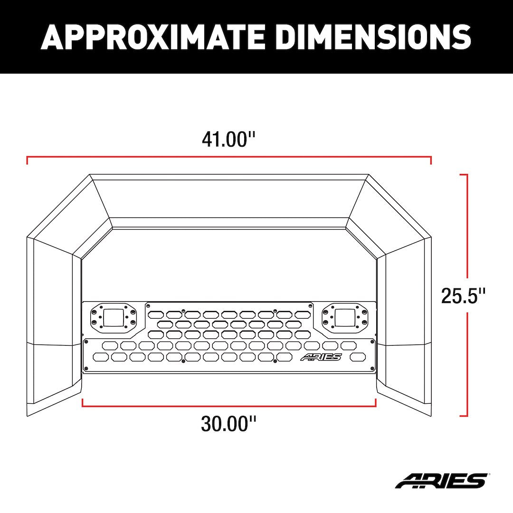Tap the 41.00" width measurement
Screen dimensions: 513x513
pos(228,140)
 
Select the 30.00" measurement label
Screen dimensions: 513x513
pos(228,423)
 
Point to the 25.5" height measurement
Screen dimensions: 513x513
pos(463,295)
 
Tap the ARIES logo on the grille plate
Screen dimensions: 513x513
pos(321,357)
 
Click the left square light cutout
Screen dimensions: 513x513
pos(114,316)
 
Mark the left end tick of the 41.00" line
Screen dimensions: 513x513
pos(27,160)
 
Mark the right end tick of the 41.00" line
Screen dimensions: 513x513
pos(431,160)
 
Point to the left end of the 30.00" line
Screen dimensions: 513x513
pos(83,403)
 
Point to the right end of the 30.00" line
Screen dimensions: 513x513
pos(376,403)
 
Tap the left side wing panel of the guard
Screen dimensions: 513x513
pos(52,323)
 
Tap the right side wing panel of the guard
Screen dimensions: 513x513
pos(406,323)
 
